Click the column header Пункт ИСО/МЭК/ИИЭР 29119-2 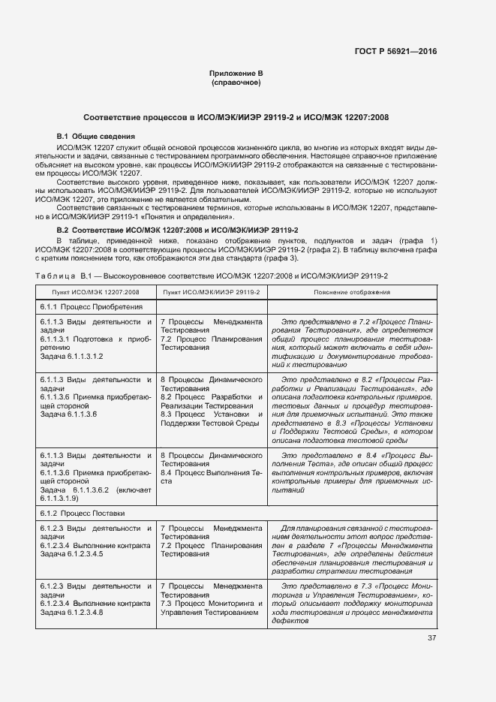(212, 291)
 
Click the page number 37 (431, 638)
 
